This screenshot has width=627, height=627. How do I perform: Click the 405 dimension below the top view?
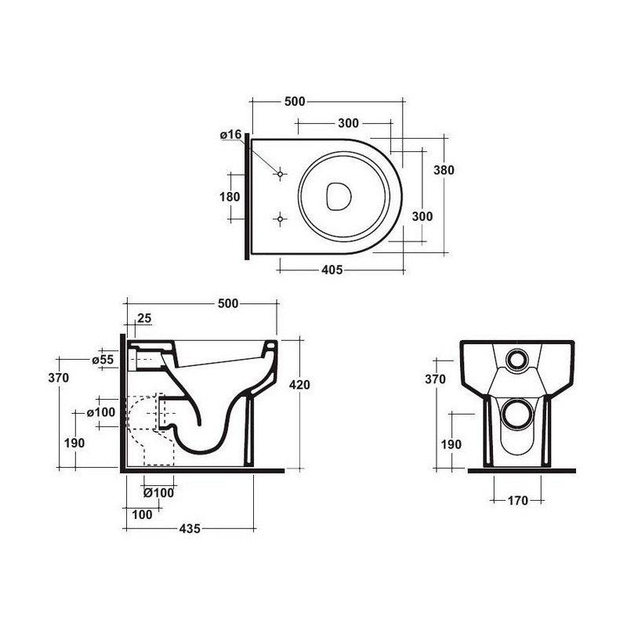pyautogui.click(x=332, y=270)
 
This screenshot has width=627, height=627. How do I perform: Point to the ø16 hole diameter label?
pyautogui.click(x=230, y=135)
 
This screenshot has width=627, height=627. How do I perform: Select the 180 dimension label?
pyautogui.click(x=230, y=197)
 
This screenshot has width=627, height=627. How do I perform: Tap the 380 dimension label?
pyautogui.click(x=444, y=170)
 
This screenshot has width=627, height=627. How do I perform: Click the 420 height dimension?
pyautogui.click(x=301, y=385)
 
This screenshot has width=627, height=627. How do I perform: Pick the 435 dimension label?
pyautogui.click(x=190, y=528)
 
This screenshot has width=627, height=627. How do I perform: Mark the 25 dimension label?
pyautogui.click(x=144, y=318)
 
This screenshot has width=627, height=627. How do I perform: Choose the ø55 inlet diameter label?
pyautogui.click(x=103, y=359)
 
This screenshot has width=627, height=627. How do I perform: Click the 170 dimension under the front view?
pyautogui.click(x=515, y=500)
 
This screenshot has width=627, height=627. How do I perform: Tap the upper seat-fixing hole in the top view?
pyautogui.click(x=279, y=175)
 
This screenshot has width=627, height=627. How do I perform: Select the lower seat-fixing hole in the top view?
pyautogui.click(x=279, y=218)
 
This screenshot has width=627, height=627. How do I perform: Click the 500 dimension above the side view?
pyautogui.click(x=228, y=303)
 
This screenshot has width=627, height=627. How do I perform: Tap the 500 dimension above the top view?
pyautogui.click(x=294, y=101)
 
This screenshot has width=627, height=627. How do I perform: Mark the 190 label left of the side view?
pyautogui.click(x=74, y=443)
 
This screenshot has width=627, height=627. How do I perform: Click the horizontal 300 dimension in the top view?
pyautogui.click(x=348, y=123)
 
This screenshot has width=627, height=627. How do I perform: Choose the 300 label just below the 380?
pyautogui.click(x=422, y=216)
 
